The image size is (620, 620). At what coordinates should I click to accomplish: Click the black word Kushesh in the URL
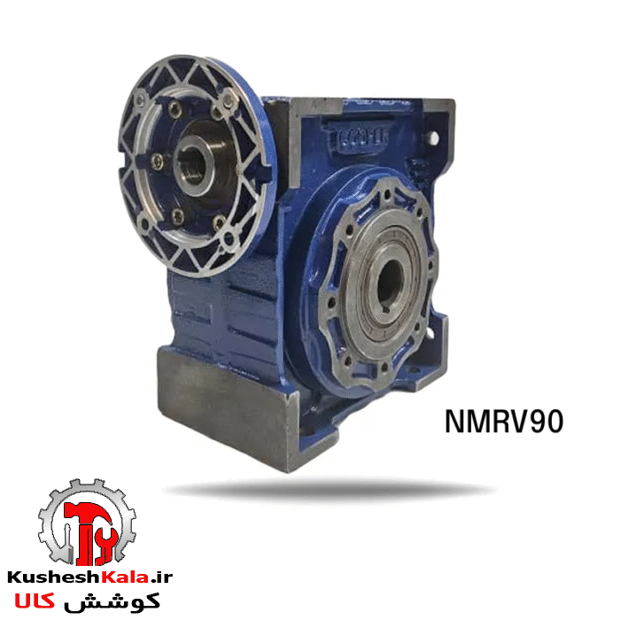coord(52,577)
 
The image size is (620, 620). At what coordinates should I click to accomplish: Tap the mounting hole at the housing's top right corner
coord(434,137)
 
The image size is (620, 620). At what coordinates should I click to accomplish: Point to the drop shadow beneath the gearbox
coord(328,489)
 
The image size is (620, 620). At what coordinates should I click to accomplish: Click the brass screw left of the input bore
coord(157,160)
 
